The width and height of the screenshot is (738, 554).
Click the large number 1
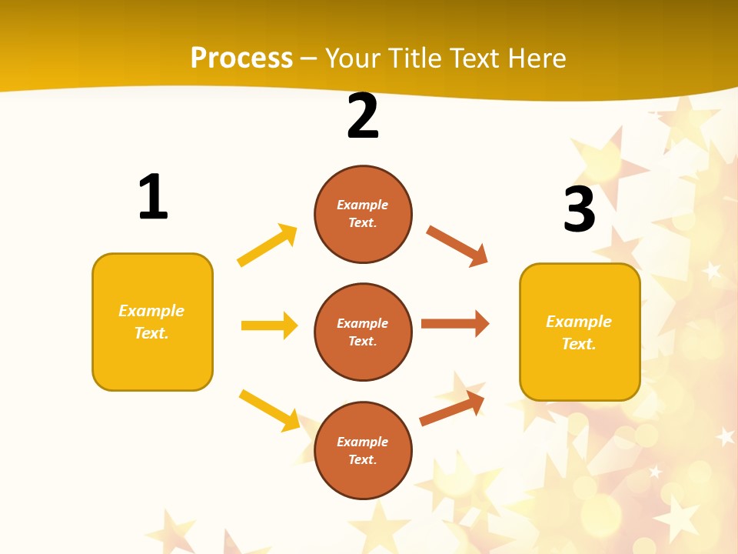153,197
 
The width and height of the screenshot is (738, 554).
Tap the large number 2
363,116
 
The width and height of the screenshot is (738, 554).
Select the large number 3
579,209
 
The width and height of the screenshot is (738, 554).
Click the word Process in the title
241,58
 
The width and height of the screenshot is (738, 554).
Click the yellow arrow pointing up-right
268,245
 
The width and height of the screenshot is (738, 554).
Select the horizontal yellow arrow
269,325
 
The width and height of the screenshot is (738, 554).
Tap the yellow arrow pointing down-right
269,409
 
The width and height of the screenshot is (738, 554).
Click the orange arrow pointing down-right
457,246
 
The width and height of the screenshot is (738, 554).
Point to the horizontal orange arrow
455,324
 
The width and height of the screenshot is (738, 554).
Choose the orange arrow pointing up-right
452,409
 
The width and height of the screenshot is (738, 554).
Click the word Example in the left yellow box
151,311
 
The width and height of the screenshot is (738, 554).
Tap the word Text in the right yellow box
578,344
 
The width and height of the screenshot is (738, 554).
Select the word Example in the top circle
363,205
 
